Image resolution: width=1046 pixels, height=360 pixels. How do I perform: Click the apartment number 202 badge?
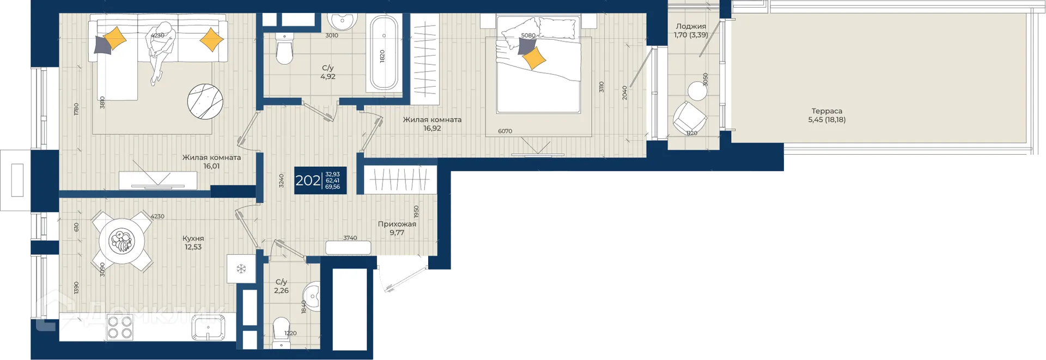pyautogui.click(x=320, y=180)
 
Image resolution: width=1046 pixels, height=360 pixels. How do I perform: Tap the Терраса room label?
pyautogui.click(x=826, y=111)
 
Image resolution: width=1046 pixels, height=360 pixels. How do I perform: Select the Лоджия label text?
pyautogui.click(x=691, y=26)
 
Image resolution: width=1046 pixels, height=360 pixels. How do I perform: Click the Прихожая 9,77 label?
pyautogui.click(x=397, y=228)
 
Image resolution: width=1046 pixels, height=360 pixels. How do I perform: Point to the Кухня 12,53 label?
pyautogui.click(x=193, y=242)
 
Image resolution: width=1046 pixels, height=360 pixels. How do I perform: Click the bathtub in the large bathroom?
pyautogui.click(x=384, y=53)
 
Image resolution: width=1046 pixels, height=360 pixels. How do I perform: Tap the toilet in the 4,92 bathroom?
pyautogui.click(x=284, y=48)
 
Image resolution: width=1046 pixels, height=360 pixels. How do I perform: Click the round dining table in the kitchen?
pyautogui.click(x=121, y=241)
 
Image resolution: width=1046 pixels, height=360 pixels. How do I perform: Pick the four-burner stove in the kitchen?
pyautogui.click(x=120, y=327)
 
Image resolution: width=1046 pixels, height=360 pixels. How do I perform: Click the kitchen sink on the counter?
pyautogui.click(x=208, y=328)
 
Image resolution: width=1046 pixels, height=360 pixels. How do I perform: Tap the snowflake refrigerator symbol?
pyautogui.click(x=241, y=269)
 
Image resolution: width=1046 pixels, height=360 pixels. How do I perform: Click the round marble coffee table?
pyautogui.click(x=205, y=102)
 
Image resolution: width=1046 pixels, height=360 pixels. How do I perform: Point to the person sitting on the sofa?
pyautogui.click(x=162, y=52)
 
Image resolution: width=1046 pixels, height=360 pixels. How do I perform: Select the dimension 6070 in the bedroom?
pyautogui.click(x=505, y=131)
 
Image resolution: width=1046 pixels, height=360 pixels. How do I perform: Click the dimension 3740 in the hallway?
pyautogui.click(x=350, y=238)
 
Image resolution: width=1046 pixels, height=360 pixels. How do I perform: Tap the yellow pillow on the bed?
pyautogui.click(x=534, y=58)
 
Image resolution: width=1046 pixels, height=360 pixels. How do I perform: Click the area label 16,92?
pyautogui.click(x=432, y=129)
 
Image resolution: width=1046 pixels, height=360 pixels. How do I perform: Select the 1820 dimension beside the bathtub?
pyautogui.click(x=382, y=56)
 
